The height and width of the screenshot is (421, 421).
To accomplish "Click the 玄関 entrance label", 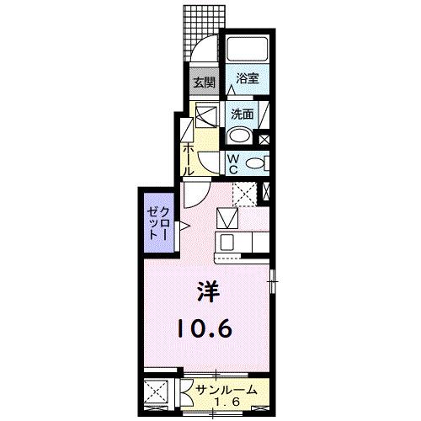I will (x=203, y=83).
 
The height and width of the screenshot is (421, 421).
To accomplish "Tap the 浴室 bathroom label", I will (x=247, y=78).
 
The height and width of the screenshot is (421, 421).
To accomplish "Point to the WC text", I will (x=232, y=159).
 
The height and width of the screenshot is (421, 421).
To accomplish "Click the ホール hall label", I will (x=189, y=157).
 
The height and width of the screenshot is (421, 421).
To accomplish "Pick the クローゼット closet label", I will (x=158, y=223).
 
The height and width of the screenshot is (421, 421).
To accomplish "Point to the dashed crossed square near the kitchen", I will (x=245, y=195).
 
